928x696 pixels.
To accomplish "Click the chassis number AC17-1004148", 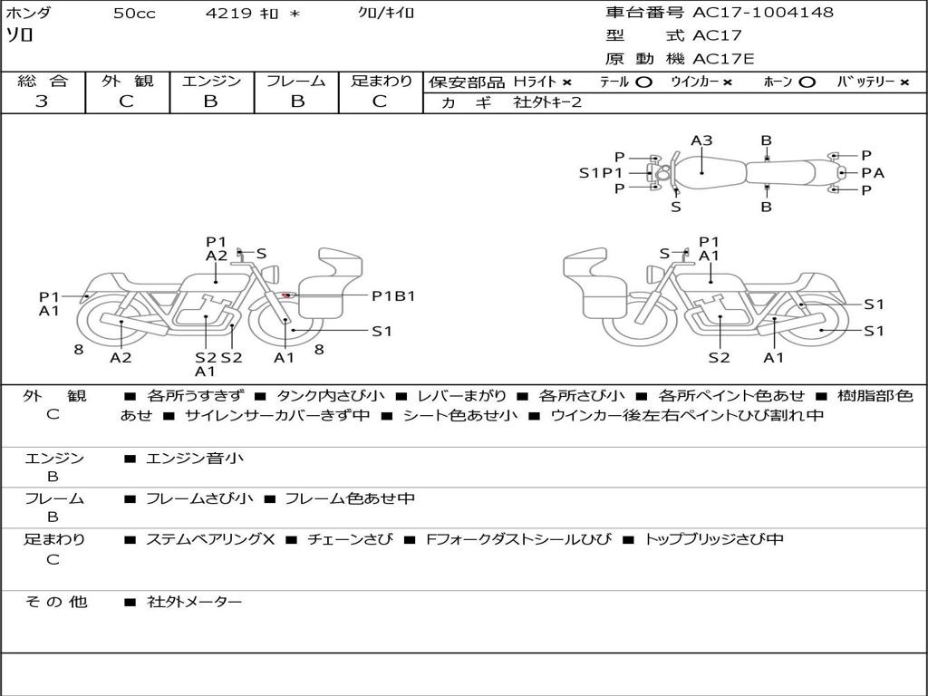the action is point(763,13).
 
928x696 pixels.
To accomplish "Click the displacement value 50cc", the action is point(132,14).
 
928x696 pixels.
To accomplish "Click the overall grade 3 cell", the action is point(42,101).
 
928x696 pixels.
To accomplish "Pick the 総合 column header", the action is point(42,82).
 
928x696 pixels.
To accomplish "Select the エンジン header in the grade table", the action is point(211,82).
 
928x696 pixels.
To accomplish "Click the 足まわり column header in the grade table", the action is point(381,82).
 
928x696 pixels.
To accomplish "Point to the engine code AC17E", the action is point(724,59).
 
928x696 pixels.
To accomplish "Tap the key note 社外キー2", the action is point(546,102).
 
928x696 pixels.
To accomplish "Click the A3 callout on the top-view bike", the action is point(701,140).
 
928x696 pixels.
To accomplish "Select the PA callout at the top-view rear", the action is point(872,173).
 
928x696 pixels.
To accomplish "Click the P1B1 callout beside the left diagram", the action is point(393,295).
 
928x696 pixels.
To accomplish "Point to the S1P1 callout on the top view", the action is point(601,173).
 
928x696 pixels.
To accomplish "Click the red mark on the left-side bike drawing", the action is point(286,295).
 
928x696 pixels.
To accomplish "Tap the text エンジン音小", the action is point(195,459).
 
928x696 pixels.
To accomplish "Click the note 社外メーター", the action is point(195,602).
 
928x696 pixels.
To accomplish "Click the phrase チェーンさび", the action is point(350,539).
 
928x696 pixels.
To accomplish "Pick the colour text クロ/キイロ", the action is point(386,14).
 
